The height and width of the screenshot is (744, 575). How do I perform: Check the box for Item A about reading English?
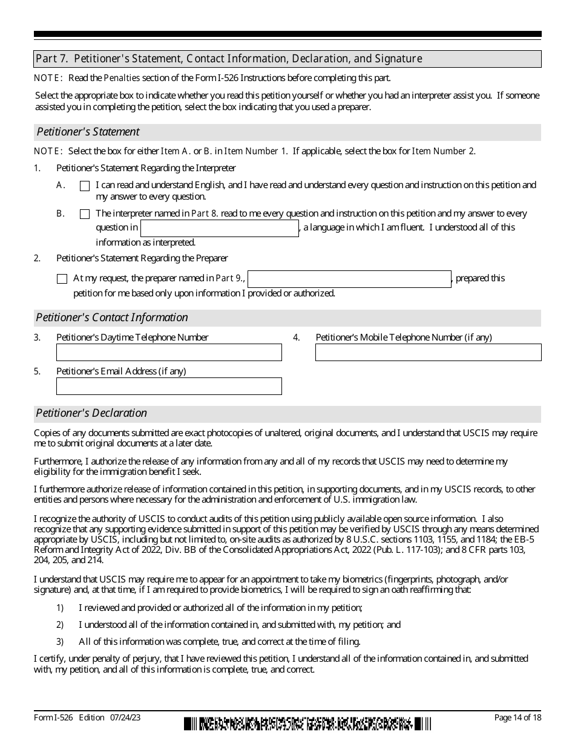click(85, 186)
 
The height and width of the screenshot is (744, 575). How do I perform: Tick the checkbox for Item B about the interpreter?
click(85, 214)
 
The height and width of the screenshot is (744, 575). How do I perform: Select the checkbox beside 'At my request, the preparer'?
click(62, 279)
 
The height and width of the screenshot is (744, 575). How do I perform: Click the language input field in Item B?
click(219, 228)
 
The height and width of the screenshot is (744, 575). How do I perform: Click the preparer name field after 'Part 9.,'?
click(349, 279)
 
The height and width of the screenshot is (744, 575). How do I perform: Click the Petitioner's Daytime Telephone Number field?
click(169, 352)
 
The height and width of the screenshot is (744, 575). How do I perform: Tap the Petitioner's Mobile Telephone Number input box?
click(428, 352)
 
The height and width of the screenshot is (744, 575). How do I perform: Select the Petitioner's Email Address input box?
click(169, 386)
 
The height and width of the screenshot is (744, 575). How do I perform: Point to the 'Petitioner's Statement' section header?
click(88, 132)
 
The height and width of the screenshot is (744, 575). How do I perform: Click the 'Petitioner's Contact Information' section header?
click(112, 318)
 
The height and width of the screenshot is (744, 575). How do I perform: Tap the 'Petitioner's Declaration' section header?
click(91, 413)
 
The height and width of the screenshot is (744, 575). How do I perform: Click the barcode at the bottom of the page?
click(307, 723)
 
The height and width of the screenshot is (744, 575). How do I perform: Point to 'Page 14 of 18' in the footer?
click(517, 717)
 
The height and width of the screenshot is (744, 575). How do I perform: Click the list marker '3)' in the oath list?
click(60, 641)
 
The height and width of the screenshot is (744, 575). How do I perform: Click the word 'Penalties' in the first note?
click(122, 78)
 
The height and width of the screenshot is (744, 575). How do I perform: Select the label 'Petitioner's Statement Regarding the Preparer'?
click(142, 258)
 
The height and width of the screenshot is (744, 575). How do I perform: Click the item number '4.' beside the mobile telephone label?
click(297, 338)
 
